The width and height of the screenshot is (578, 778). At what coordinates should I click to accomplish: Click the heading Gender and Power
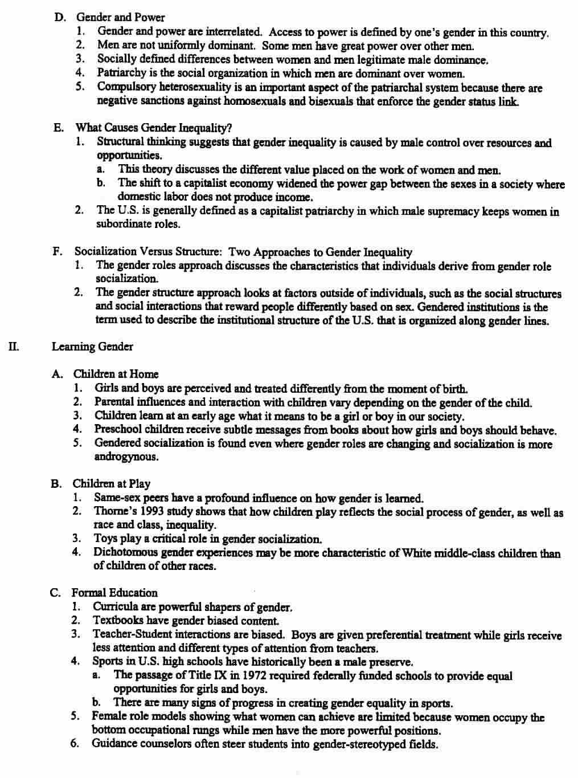coord(120,18)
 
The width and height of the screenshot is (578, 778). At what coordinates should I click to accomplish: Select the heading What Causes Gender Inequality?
coord(154,128)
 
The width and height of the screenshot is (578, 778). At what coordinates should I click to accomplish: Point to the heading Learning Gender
coord(92,347)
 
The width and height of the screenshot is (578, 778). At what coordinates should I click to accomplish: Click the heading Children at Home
coord(116,374)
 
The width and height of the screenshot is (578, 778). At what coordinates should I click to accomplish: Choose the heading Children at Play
coord(111,484)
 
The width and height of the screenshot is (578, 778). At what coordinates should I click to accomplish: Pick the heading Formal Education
coord(114,593)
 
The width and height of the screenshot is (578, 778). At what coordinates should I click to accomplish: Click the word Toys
coord(105,539)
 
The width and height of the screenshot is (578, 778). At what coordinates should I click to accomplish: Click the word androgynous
coord(125,457)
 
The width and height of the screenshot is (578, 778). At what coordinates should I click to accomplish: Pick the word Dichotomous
coord(126,553)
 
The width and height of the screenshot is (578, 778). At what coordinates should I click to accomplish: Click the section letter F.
coord(57,251)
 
